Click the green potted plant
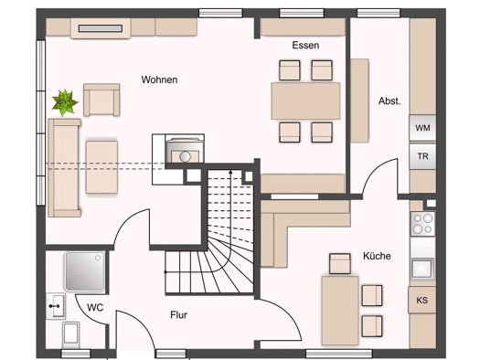click(x=65, y=102)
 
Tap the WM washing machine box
click(x=422, y=128)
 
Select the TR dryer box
click(x=422, y=156)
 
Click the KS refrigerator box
click(x=421, y=300)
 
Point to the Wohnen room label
click(x=159, y=79)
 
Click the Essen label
click(x=305, y=46)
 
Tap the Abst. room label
click(x=389, y=101)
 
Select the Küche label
click(x=377, y=256)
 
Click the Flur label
click(x=179, y=314)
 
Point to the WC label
click(x=95, y=307)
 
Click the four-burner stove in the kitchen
click(x=422, y=224)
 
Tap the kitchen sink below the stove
click(x=422, y=269)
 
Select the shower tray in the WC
click(x=84, y=271)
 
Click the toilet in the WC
click(x=70, y=334)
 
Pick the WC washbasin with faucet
click(x=56, y=306)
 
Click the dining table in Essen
click(x=305, y=101)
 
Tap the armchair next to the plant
click(x=101, y=100)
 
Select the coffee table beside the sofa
click(x=101, y=166)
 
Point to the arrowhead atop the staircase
click(x=230, y=173)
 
